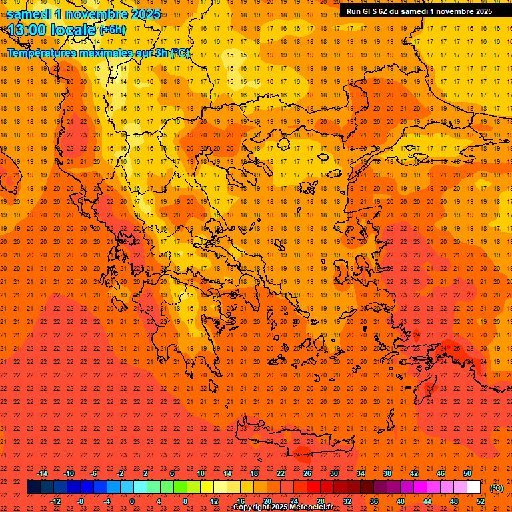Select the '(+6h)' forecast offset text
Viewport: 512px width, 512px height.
click(x=112, y=30)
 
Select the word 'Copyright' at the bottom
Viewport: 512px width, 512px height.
click(x=251, y=507)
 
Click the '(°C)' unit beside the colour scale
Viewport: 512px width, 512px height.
click(x=497, y=488)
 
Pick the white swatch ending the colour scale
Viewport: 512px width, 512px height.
click(x=473, y=487)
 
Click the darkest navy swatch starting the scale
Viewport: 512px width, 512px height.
click(x=33, y=487)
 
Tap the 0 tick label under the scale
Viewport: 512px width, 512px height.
click(x=132, y=501)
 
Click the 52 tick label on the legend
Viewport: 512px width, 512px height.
click(x=481, y=501)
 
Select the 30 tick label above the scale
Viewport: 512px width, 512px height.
click(x=333, y=473)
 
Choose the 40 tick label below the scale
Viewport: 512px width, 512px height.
click(x=401, y=501)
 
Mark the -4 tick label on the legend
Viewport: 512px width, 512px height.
click(x=107, y=501)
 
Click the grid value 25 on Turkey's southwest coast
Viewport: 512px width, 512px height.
click(x=457, y=347)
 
